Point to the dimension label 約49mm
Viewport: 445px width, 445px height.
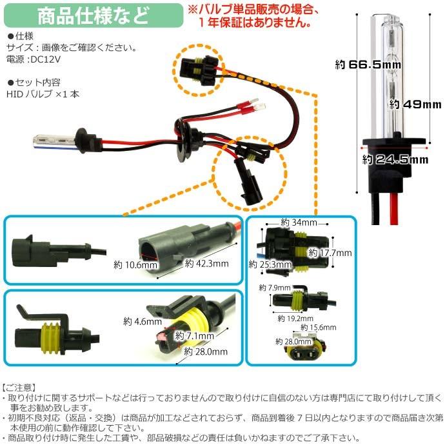[415, 104]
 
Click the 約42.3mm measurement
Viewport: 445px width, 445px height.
[206, 263]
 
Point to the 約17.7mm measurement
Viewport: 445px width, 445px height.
[334, 253]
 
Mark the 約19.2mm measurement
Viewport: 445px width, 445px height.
[295, 318]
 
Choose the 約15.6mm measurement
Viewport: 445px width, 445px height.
[317, 328]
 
